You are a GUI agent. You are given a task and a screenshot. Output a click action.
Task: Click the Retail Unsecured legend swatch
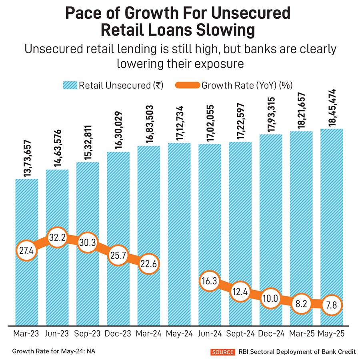(x=69, y=85)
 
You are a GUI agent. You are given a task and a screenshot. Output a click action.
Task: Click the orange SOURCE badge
(x=222, y=352)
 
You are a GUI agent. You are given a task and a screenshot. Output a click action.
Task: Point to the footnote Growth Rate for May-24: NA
(x=54, y=351)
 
